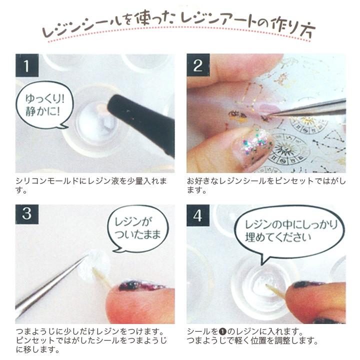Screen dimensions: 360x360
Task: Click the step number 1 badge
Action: click(26, 65)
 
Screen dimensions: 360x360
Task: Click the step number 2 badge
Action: click(197, 65)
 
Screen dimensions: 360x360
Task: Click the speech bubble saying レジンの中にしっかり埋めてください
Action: click(288, 230)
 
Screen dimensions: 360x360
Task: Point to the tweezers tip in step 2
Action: click(270, 116)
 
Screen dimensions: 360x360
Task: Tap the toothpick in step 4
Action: click(275, 291)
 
